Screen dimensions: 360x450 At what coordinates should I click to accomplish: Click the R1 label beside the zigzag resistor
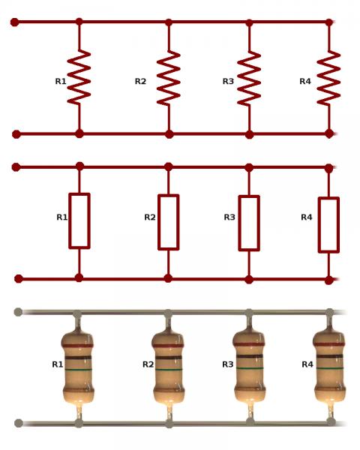(61, 81)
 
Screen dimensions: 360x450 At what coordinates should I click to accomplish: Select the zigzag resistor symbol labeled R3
(249, 79)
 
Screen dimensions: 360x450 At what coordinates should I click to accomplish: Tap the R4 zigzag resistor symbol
(328, 78)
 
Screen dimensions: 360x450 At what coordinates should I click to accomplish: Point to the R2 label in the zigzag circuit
(140, 81)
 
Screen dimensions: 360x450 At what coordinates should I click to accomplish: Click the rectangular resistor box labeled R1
(79, 220)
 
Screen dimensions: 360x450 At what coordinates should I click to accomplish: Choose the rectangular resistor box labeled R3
(249, 223)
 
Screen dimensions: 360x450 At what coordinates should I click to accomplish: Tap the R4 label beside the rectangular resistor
(306, 217)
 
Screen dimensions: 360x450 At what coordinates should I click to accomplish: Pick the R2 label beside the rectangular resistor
(150, 217)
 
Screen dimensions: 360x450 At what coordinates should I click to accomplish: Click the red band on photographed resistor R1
(77, 346)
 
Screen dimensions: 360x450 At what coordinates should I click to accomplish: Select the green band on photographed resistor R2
(169, 370)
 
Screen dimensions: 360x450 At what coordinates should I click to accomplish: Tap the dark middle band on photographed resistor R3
(249, 356)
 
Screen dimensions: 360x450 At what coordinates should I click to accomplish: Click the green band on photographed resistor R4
(329, 368)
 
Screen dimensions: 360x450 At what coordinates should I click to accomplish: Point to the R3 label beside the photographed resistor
(228, 364)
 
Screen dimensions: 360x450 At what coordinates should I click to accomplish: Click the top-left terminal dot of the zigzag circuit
(14, 22)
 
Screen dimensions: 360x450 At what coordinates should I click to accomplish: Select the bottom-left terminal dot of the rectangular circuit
(18, 279)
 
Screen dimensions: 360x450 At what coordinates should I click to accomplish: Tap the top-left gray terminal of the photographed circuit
(18, 312)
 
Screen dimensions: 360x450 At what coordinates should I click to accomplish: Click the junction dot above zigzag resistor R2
(169, 22)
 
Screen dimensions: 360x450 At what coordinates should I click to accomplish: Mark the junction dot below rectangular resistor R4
(329, 280)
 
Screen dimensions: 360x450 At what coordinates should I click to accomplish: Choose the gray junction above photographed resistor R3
(249, 313)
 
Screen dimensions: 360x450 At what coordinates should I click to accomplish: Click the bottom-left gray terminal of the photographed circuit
(19, 423)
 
